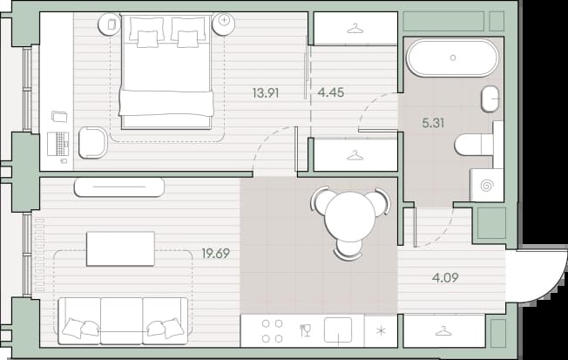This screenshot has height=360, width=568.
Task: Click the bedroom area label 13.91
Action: tap(266, 93)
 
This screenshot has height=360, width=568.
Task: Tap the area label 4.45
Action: tap(331, 92)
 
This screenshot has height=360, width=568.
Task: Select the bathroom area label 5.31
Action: tap(433, 123)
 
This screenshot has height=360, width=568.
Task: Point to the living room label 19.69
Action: tap(216, 254)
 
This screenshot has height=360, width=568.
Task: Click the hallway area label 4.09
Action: tap(445, 278)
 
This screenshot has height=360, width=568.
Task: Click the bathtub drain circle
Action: tap(452, 58)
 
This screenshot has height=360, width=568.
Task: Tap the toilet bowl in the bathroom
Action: tap(469, 145)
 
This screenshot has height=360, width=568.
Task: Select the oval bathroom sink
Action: tap(490, 98)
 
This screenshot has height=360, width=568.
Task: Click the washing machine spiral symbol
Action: tap(486, 186)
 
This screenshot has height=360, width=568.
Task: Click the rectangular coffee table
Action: tap(120, 248)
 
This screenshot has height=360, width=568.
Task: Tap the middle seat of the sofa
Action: tap(122, 321)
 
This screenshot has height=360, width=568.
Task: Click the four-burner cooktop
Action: tap(272, 330)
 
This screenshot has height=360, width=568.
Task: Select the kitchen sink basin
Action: tap(338, 329)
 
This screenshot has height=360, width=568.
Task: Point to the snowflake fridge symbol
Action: tap(381, 330)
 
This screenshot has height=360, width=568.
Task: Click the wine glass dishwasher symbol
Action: tap(306, 330)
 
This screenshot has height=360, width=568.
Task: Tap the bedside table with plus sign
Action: tap(224, 24)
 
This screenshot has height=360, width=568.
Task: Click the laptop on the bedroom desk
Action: tap(58, 144)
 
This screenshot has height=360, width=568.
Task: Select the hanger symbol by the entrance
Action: tap(443, 331)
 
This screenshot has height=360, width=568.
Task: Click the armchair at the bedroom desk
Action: tap(92, 142)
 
